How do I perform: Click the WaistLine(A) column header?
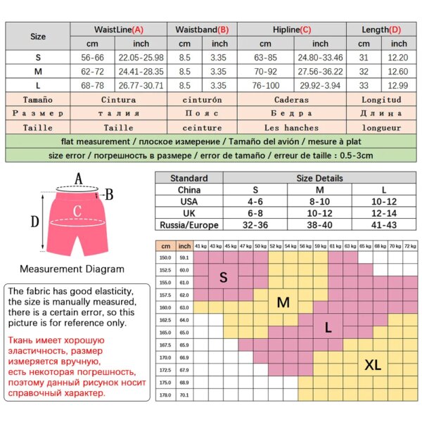119,30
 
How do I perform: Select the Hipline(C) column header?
290,30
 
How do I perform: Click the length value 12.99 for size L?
399,85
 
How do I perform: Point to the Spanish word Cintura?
119,100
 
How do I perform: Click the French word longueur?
381,128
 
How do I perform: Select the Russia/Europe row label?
189,225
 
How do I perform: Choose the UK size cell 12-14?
383,213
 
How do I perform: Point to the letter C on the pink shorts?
78,210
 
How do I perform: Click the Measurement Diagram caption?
72,269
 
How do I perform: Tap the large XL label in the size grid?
373,364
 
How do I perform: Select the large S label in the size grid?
224,277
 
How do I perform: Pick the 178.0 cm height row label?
165,395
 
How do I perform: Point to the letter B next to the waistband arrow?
109,194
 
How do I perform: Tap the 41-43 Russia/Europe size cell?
383,225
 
